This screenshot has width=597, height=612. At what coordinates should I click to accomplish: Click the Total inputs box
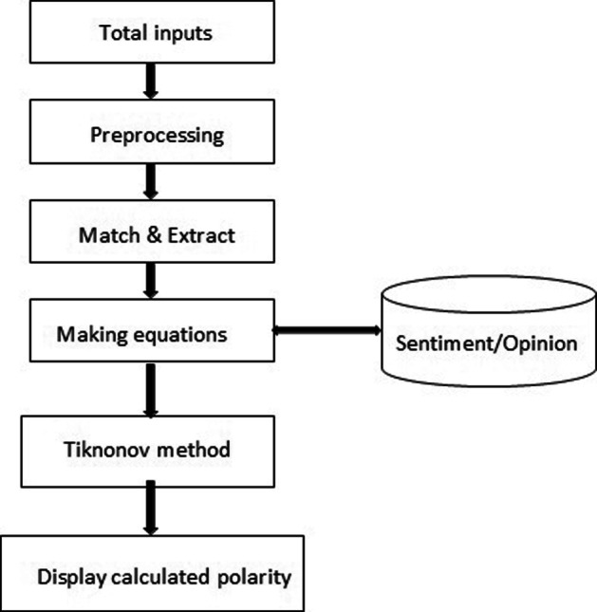(x=156, y=34)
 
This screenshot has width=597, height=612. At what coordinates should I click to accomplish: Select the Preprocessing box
(x=156, y=134)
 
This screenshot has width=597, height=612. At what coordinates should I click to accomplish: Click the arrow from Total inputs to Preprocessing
(x=149, y=83)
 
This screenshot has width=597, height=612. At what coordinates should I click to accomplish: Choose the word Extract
(x=201, y=233)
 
